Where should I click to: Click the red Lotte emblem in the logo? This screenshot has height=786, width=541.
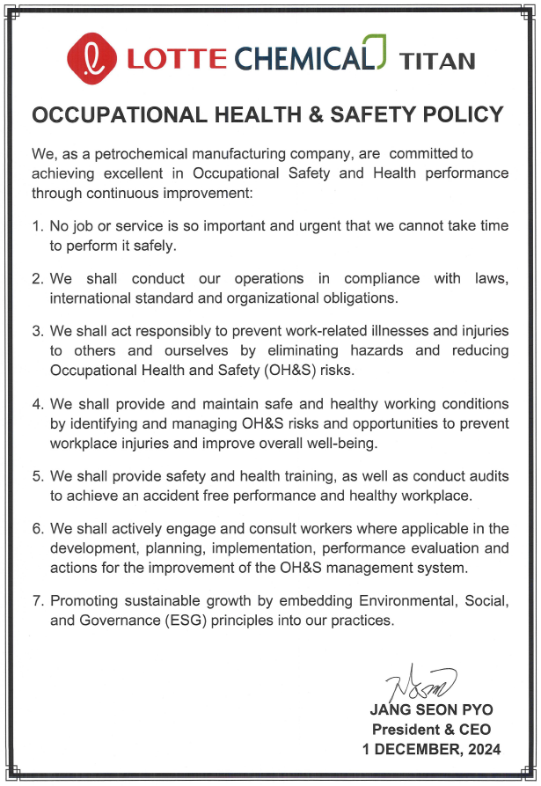pyautogui.click(x=91, y=57)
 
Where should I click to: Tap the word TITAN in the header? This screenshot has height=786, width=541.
pyautogui.click(x=437, y=61)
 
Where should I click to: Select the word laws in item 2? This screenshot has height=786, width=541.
pyautogui.click(x=489, y=278)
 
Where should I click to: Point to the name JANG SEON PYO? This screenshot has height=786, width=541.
pyautogui.click(x=431, y=710)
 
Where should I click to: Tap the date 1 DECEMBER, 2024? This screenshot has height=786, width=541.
pyautogui.click(x=432, y=749)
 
